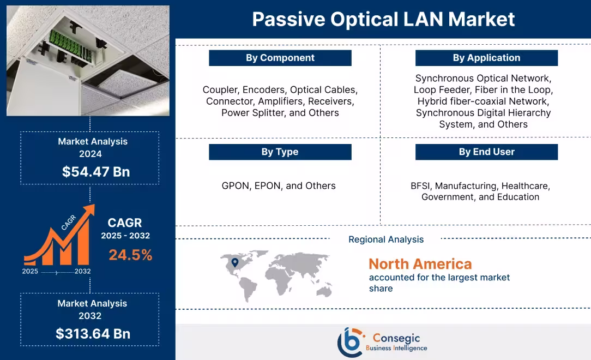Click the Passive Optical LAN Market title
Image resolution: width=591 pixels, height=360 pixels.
[x=383, y=20]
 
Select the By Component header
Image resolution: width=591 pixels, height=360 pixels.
[x=280, y=58]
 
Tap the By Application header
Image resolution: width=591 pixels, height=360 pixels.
[x=486, y=58]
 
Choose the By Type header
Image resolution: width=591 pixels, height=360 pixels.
[x=280, y=152]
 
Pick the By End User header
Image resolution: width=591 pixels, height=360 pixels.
[x=486, y=152]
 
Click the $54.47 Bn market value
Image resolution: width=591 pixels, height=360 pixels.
[x=96, y=172]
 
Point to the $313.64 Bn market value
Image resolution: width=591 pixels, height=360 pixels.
[x=93, y=334]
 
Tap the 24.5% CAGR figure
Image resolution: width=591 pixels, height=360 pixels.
[x=130, y=255]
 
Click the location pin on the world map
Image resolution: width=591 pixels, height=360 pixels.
[x=235, y=263]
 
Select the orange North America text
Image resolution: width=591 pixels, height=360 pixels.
[x=420, y=264]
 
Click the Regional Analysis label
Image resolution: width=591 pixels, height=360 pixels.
[x=385, y=239]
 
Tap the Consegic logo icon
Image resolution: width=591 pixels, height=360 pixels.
[x=350, y=342]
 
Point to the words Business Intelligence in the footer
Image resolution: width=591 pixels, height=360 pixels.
[x=396, y=348]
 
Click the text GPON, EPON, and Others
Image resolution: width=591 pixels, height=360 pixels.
[x=279, y=186]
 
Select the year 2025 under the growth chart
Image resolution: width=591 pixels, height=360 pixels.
[x=31, y=271]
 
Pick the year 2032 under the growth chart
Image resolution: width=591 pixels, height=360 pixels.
[x=83, y=271]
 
